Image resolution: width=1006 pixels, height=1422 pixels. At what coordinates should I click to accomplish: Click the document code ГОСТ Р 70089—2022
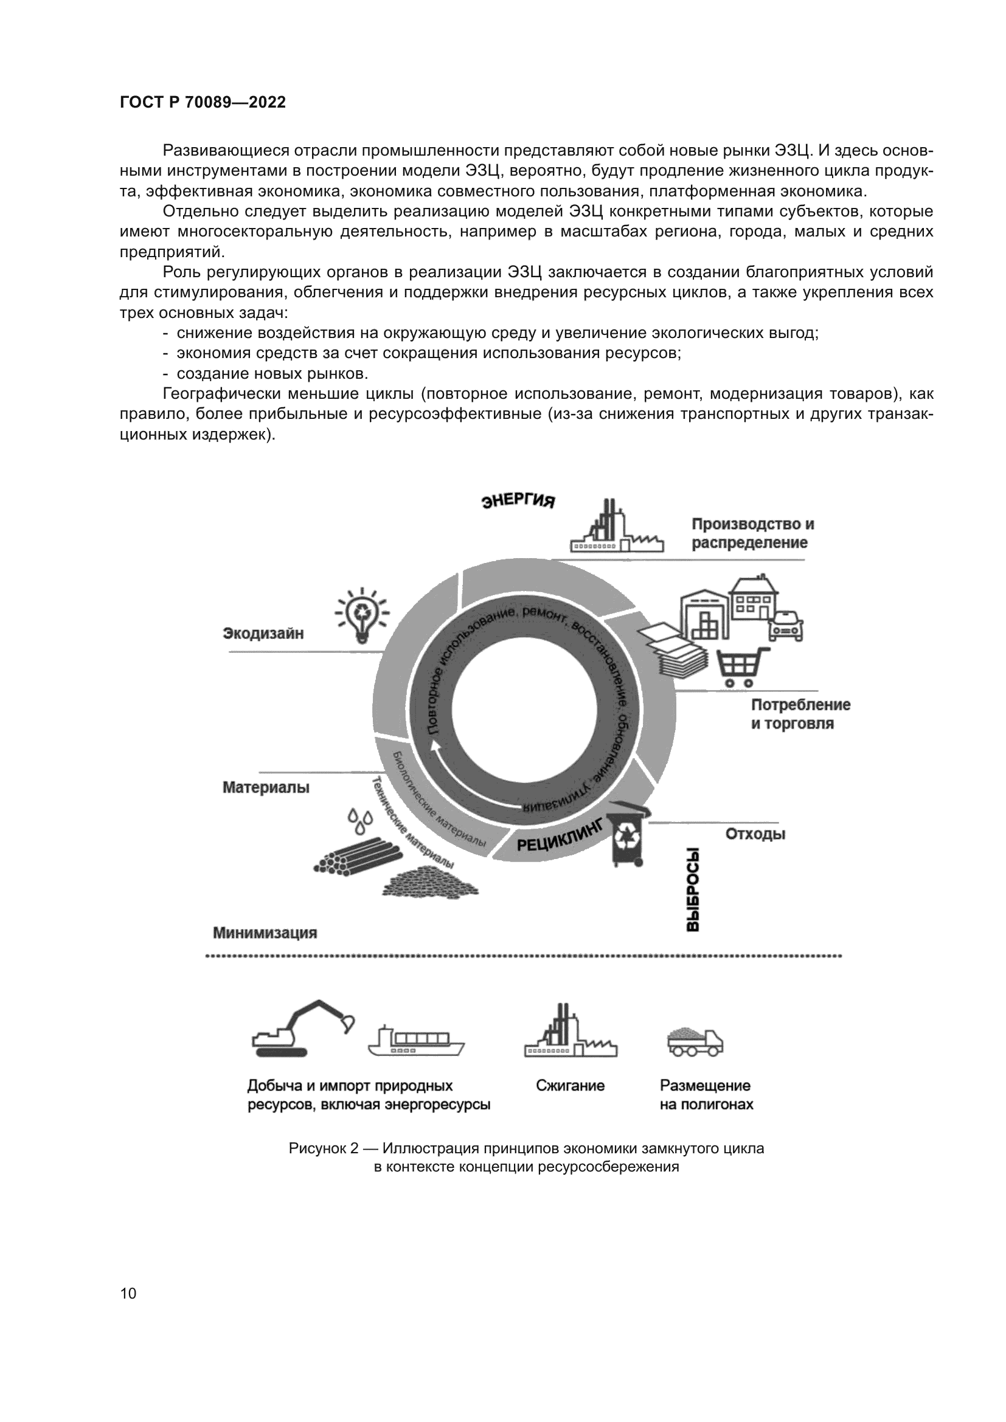click(203, 103)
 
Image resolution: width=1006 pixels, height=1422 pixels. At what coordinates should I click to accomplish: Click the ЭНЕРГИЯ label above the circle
click(518, 500)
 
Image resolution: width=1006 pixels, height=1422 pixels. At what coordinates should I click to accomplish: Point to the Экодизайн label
click(263, 633)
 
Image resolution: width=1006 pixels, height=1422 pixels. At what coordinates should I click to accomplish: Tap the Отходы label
click(755, 834)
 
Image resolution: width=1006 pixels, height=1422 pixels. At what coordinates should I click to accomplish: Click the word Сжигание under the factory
click(570, 1086)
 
